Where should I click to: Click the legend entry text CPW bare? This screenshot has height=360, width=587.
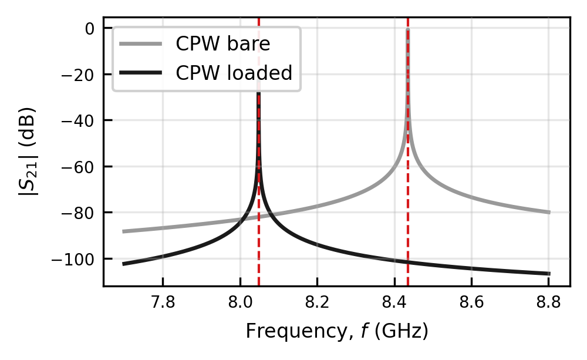pyautogui.click(x=222, y=44)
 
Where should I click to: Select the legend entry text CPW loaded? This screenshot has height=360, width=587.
pyautogui.click(x=234, y=73)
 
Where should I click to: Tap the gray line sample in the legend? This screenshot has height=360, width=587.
pyautogui.click(x=141, y=44)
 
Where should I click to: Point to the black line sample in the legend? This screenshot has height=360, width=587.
pyautogui.click(x=141, y=73)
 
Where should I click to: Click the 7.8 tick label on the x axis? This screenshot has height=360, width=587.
pyautogui.click(x=163, y=302)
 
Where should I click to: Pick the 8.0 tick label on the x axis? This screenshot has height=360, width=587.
pyautogui.click(x=240, y=302)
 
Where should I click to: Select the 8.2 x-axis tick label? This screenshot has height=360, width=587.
pyautogui.click(x=317, y=302)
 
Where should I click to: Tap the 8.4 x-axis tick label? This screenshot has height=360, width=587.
pyautogui.click(x=394, y=302)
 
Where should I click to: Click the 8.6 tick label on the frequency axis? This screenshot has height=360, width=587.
pyautogui.click(x=472, y=302)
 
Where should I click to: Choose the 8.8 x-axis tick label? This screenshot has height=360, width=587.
pyautogui.click(x=549, y=302)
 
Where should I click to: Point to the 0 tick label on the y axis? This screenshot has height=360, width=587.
pyautogui.click(x=90, y=28)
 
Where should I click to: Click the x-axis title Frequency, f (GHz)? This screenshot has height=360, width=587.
pyautogui.click(x=337, y=331)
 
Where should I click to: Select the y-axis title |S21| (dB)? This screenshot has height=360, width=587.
pyautogui.click(x=28, y=152)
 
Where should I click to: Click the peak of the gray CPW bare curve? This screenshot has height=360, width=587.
pyautogui.click(x=408, y=29)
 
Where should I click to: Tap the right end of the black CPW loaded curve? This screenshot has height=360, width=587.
pyautogui.click(x=549, y=274)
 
